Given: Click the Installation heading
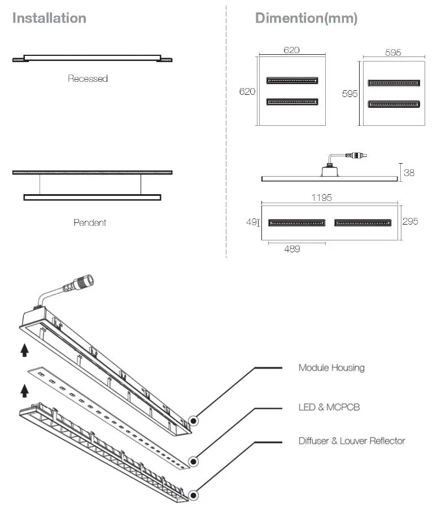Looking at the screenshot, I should click(x=49, y=18).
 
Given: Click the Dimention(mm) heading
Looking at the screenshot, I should click(x=306, y=18).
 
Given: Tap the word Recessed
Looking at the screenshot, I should click(x=88, y=79).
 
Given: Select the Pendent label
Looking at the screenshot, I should click(x=90, y=223).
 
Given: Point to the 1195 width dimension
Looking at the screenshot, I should click(x=321, y=198).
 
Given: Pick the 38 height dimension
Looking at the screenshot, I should click(x=409, y=173).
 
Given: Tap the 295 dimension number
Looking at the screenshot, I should click(x=410, y=222).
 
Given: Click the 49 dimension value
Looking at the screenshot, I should click(x=251, y=222).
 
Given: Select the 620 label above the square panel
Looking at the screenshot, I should click(x=291, y=50).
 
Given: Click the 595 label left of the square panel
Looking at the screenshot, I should click(x=350, y=94).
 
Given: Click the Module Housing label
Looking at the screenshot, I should click(x=331, y=368).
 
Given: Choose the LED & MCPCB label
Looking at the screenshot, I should click(x=329, y=407).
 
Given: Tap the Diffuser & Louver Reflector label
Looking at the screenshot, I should click(x=352, y=441).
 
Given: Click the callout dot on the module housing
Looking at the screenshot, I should click(x=194, y=421).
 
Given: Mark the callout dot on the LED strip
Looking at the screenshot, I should click(x=194, y=462).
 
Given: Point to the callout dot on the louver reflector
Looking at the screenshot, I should click(x=194, y=496).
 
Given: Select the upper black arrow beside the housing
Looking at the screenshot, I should click(x=24, y=351).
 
